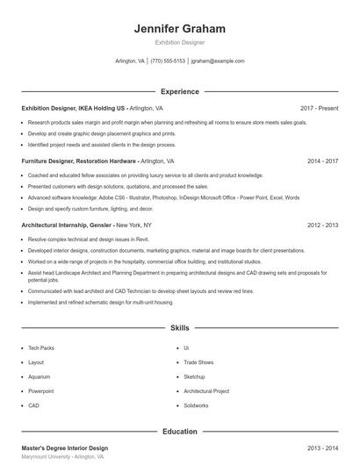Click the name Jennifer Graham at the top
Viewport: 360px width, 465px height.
click(179, 29)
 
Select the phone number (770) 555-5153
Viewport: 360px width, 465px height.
click(168, 61)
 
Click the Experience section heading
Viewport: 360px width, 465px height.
click(179, 91)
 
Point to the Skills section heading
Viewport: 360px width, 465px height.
click(179, 327)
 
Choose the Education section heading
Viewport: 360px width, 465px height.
click(179, 432)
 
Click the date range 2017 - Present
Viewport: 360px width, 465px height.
click(319, 108)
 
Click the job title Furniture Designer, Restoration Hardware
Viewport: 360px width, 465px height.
click(79, 161)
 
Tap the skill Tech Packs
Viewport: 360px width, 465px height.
click(41, 347)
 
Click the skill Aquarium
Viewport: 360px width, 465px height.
click(40, 376)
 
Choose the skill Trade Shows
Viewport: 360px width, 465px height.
click(198, 362)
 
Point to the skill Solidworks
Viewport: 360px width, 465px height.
click(197, 406)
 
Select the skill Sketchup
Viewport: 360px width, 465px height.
click(194, 376)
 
